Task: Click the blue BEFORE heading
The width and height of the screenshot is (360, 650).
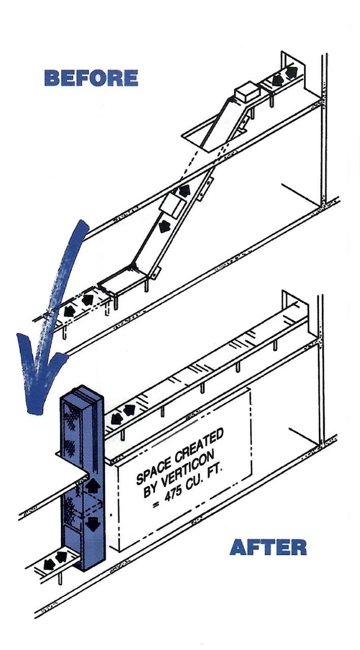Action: coord(91,78)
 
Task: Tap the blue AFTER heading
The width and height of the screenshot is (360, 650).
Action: coord(268,547)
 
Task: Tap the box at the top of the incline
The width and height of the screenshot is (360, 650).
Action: coord(247,92)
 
